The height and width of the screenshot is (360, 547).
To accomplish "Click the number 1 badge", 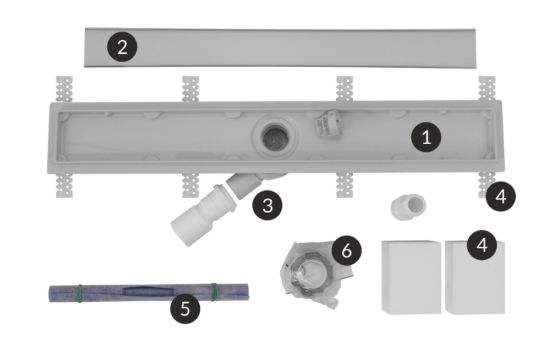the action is click(426, 137).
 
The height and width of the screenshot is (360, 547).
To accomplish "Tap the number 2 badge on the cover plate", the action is click(122, 47).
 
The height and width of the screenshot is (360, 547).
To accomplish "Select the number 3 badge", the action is click(267, 205).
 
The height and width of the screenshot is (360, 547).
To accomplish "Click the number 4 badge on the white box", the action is click(482, 245).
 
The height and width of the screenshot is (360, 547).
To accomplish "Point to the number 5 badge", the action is click(185, 308).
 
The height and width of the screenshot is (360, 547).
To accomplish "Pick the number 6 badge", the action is click(346, 250).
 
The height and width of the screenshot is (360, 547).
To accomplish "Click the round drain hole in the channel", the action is click(275, 137).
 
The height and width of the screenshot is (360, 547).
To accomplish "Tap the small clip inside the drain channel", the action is click(328, 124).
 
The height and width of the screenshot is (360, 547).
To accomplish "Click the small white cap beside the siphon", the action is click(408, 206).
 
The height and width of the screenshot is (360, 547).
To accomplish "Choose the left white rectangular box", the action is click(411, 277).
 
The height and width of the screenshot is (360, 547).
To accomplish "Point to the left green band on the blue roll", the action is click(80, 293).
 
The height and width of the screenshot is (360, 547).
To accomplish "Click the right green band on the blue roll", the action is click(213, 292).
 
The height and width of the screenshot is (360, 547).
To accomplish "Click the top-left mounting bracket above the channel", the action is click(65, 89).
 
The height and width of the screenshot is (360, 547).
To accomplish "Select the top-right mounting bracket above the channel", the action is click(487, 89).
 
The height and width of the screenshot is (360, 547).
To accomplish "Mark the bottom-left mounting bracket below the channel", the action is click(65, 185).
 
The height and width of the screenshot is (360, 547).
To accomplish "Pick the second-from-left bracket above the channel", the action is click(190, 89).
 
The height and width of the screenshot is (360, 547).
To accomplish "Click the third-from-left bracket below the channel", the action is click(345, 185).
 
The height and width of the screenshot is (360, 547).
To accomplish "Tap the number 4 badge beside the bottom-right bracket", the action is click(501, 196).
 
